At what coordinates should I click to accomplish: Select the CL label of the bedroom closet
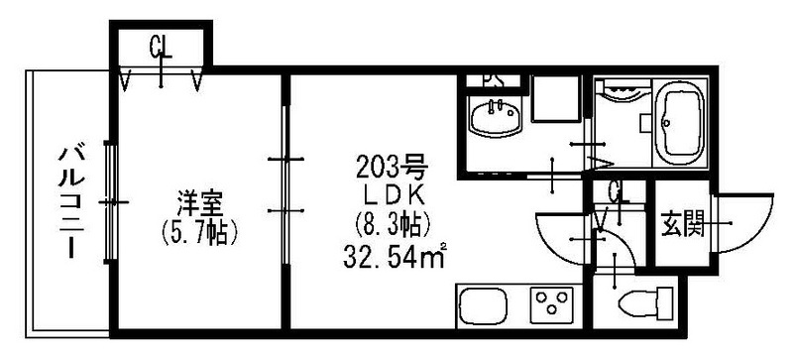162,45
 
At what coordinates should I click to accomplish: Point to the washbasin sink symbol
493,120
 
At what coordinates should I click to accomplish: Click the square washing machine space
552,100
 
